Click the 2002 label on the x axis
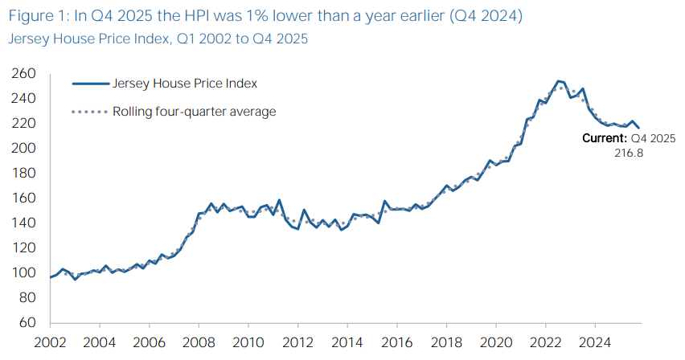coord(50,343)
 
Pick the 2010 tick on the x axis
coord(248,343)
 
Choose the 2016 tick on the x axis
coord(398,343)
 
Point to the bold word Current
coord(604,138)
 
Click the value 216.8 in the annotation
coord(629,153)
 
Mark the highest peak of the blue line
coord(558,81)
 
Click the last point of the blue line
coord(639,128)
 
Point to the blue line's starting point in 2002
coord(50,277)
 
